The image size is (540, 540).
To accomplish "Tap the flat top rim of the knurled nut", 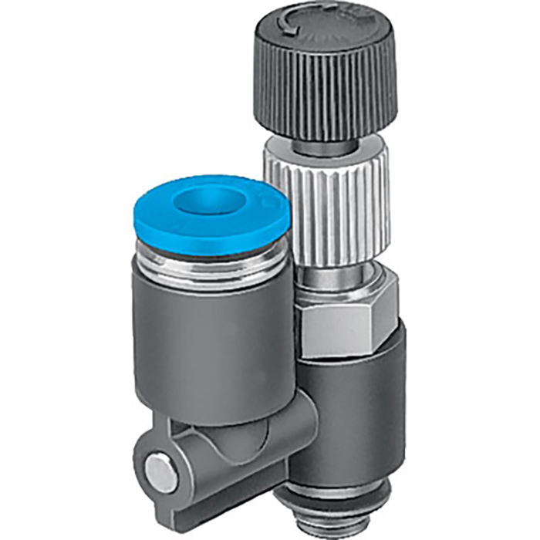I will pyautogui.click(x=328, y=150).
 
